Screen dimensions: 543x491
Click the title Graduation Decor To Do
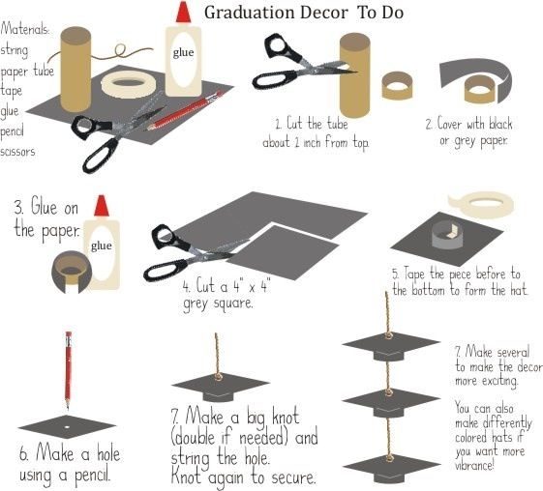304,14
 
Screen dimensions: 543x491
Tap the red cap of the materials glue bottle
183,13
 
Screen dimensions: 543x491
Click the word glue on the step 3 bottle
101,245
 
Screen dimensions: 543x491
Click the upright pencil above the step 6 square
68,370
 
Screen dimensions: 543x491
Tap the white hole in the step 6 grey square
67,427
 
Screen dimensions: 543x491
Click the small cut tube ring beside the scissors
397,86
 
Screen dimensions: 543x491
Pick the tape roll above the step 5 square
481,206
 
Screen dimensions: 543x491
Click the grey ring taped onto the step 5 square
447,235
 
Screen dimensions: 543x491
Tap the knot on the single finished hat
218,377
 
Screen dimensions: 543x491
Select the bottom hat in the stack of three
391,468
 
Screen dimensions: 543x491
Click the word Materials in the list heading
24,28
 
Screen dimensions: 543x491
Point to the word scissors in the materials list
17,152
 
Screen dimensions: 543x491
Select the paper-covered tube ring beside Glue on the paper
72,273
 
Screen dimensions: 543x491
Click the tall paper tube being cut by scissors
354,75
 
